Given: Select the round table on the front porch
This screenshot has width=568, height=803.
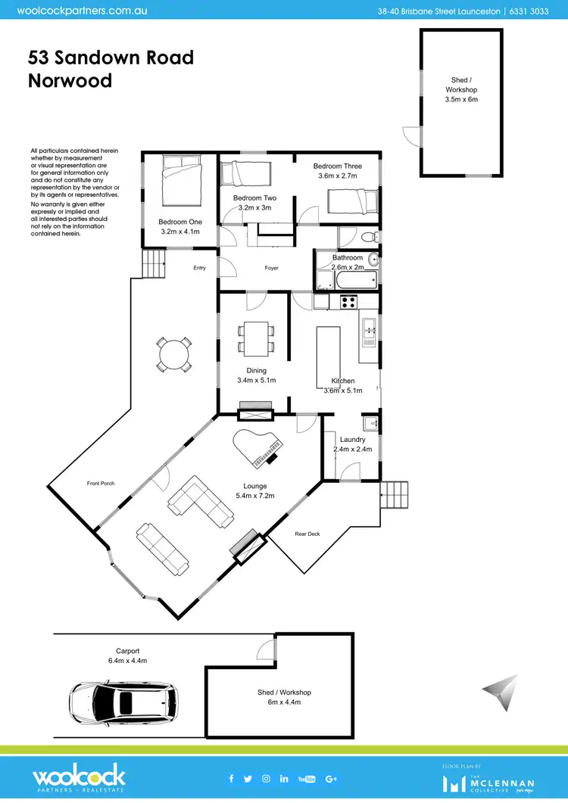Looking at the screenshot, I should pos(174,354).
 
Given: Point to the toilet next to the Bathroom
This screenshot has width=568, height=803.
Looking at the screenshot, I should pos(368,238).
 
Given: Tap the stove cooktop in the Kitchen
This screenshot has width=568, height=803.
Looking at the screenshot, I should pos(349,301).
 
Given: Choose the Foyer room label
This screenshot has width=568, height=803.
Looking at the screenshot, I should pos(271,268).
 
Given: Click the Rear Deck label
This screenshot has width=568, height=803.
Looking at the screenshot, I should pos(307,534).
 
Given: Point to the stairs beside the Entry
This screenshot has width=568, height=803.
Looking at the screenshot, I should pos(154,266).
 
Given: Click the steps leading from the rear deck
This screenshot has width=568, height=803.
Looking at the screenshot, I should pos(393,494).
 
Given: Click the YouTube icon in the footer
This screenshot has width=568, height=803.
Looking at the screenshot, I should pos(307,779).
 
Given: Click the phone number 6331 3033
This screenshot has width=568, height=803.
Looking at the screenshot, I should pos(527,11).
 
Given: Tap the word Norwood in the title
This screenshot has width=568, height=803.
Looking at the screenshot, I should pos(70,80).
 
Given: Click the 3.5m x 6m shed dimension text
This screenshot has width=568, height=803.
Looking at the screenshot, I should pos(461,99).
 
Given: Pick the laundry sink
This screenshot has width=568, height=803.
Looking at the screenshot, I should pos(370,422).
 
